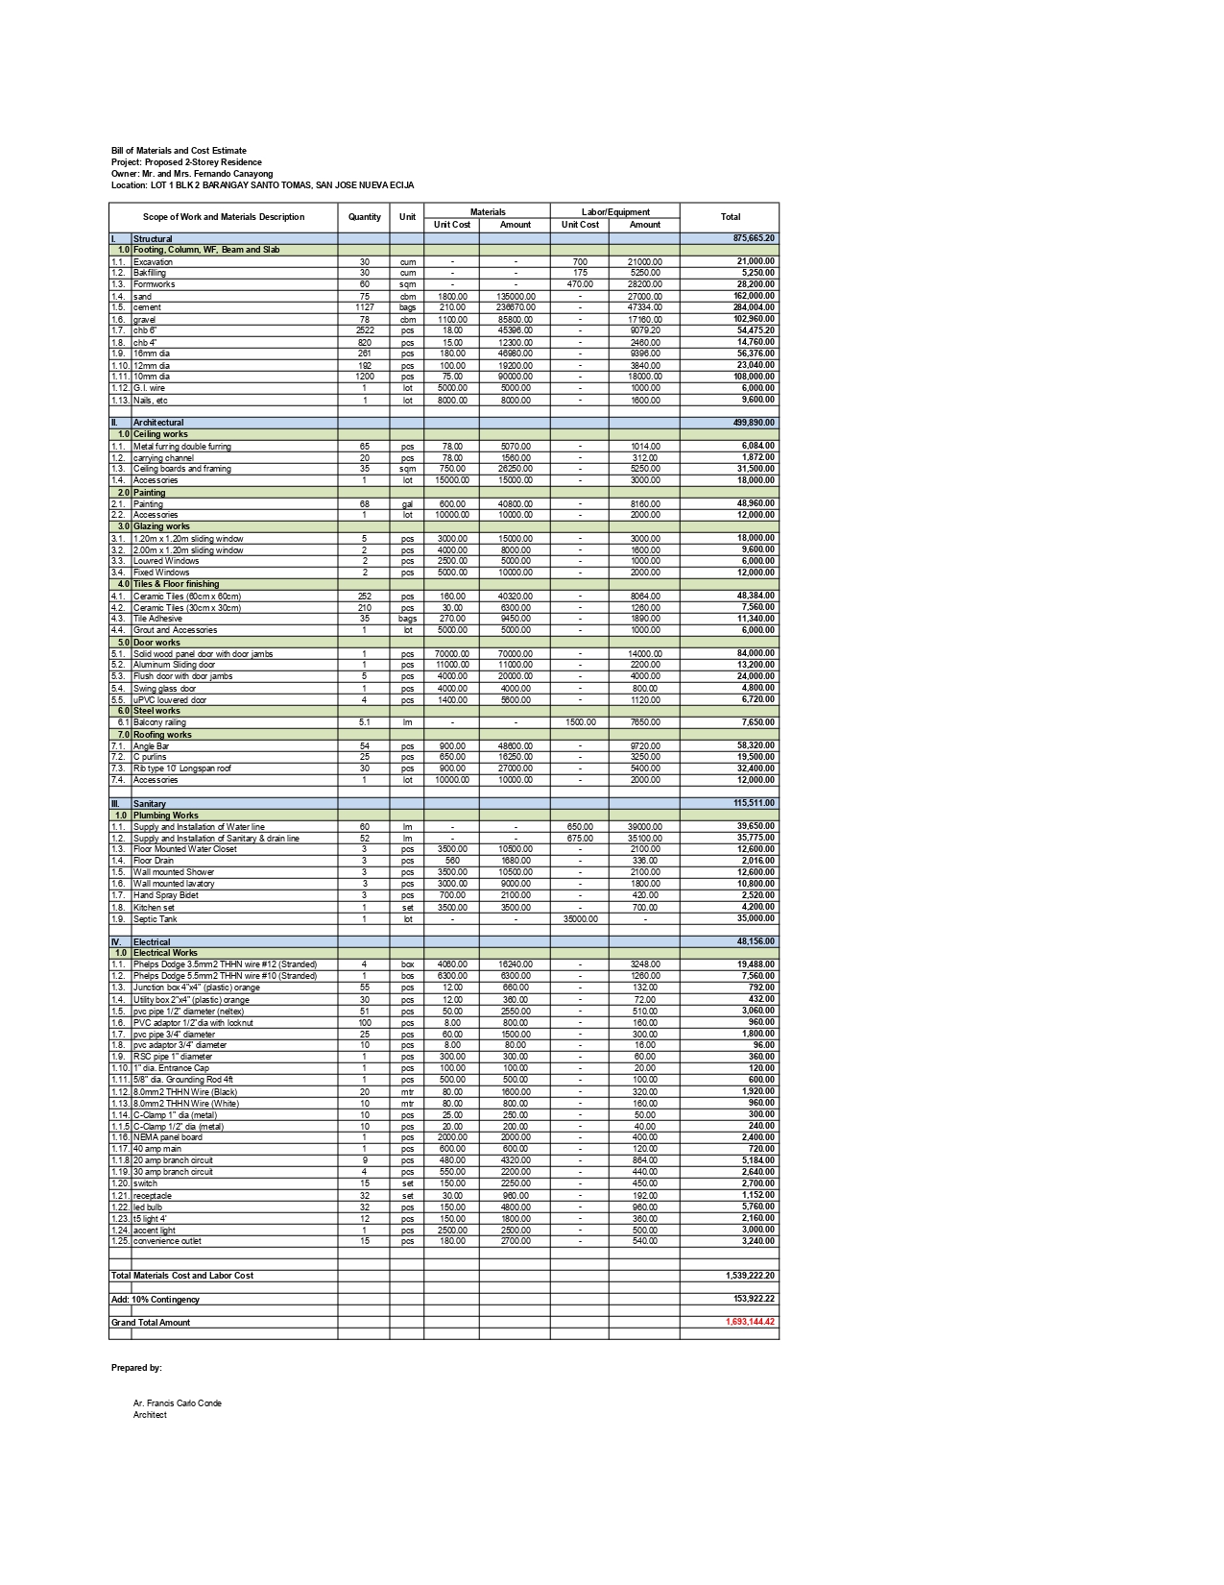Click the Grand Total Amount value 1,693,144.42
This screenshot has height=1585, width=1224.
[750, 1322]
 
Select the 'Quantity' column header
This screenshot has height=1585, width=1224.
[365, 217]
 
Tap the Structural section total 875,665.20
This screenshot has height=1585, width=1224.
[754, 238]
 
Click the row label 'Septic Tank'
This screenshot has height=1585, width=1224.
[156, 919]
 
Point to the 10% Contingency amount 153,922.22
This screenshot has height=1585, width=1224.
[752, 1299]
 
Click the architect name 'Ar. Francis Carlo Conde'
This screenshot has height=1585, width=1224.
[178, 1403]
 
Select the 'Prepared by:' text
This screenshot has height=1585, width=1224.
[136, 1368]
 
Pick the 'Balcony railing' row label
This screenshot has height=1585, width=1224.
[159, 722]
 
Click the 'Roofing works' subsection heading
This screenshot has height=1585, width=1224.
[162, 735]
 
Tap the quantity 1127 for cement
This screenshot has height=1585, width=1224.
[365, 307]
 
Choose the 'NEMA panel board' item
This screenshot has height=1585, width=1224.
[168, 1137]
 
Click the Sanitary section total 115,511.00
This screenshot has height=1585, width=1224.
[754, 803]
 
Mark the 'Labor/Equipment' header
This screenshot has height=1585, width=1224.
[615, 212]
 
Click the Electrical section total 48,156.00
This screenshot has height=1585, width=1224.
[756, 942]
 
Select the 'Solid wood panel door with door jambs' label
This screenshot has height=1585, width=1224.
[204, 654]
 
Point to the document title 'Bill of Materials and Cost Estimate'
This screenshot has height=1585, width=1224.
[179, 151]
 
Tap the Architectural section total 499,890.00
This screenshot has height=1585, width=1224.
[754, 423]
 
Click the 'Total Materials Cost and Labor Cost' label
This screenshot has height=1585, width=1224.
[182, 1276]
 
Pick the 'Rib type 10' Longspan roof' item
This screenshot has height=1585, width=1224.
[182, 768]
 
